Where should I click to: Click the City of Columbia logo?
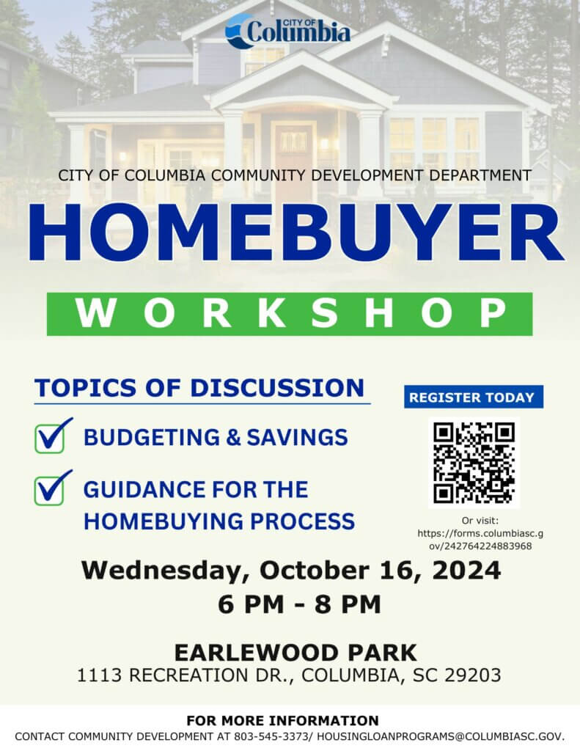click(x=288, y=31)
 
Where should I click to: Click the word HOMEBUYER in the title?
click(x=295, y=232)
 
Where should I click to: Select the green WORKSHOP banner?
click(x=290, y=314)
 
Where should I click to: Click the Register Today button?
click(x=474, y=397)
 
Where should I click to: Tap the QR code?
click(x=474, y=463)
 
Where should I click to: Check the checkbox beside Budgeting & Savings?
click(x=50, y=439)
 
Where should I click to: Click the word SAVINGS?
click(x=297, y=437)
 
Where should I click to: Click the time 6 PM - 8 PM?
click(x=299, y=604)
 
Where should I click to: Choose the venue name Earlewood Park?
click(x=295, y=652)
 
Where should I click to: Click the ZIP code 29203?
click(x=473, y=675)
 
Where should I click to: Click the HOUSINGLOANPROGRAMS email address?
click(x=440, y=736)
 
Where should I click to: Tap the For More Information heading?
click(x=282, y=720)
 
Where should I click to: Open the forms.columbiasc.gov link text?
click(x=480, y=539)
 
